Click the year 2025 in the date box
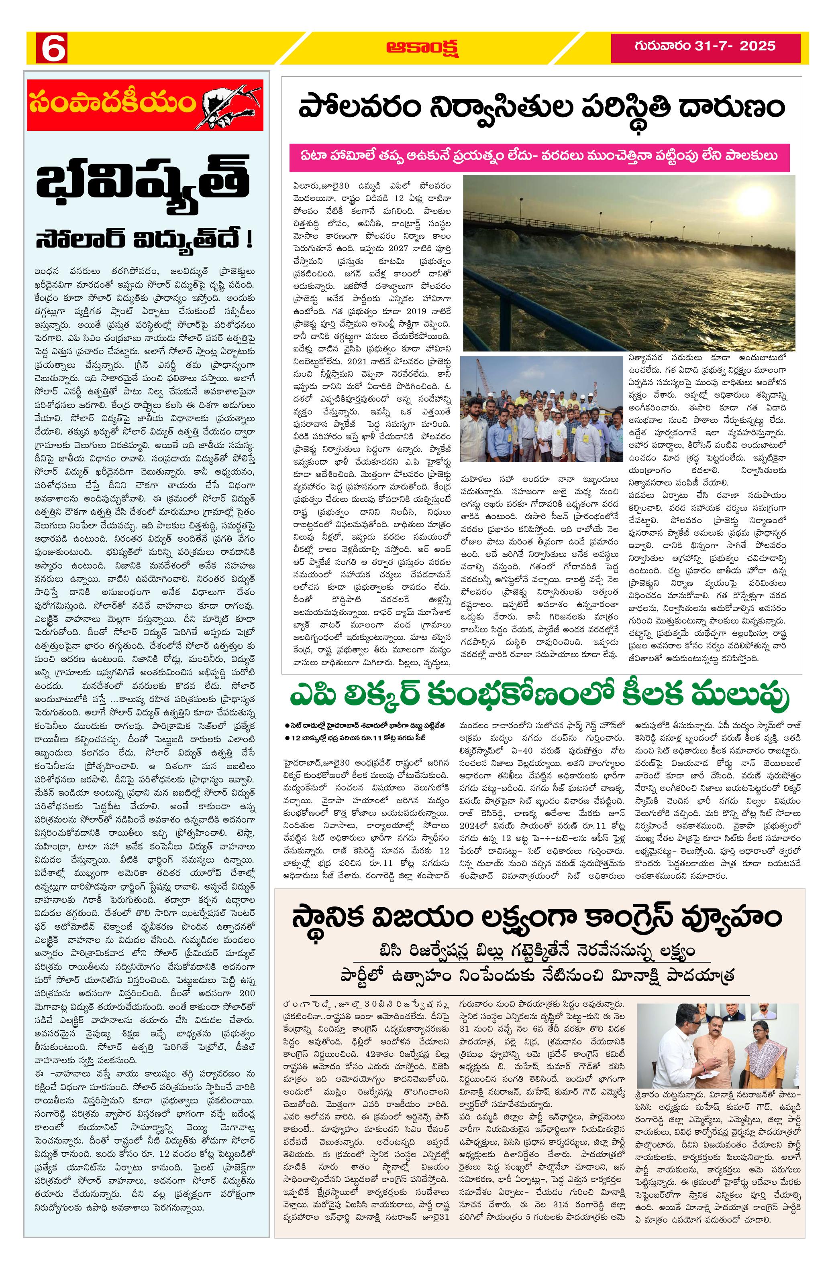point(757,45)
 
